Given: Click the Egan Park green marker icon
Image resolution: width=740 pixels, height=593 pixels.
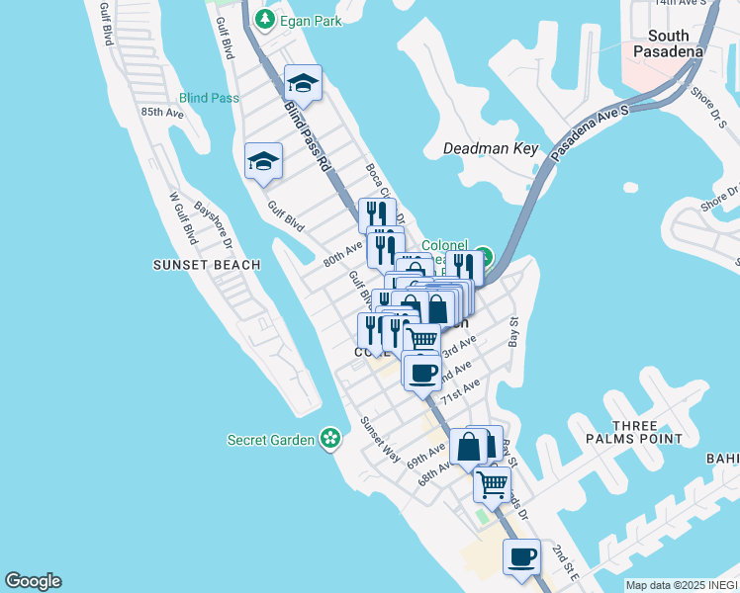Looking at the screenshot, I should (x=264, y=19).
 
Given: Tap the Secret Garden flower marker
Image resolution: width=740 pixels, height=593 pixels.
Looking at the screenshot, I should (x=330, y=439).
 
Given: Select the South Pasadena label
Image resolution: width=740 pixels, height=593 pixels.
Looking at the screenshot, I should (x=669, y=42).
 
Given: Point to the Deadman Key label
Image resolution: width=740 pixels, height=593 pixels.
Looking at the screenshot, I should (x=491, y=149).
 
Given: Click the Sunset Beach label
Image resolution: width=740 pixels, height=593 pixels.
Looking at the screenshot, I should (x=207, y=265).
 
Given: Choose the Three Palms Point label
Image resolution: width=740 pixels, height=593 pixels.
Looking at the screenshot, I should (x=648, y=431).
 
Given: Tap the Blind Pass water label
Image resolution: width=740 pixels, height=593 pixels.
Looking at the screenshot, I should (x=210, y=98).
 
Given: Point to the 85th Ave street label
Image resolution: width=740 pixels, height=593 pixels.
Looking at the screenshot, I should (x=162, y=113).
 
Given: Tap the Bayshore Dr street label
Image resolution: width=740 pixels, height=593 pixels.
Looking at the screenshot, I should (x=213, y=224).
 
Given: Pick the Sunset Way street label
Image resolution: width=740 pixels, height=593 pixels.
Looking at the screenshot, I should (x=380, y=440).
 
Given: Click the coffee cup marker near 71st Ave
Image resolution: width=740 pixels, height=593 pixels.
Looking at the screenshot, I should (x=422, y=373).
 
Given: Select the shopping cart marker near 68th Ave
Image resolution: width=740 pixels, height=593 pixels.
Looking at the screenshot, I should (x=492, y=484).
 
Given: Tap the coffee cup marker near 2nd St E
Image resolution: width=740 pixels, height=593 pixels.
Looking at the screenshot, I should (x=522, y=556).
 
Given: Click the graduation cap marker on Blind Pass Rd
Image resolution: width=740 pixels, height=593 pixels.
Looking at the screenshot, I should (x=303, y=83).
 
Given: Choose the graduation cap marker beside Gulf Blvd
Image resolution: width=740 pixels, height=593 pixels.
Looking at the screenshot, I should (x=264, y=161).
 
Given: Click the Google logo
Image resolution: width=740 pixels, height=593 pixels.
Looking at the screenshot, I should (x=33, y=581).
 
